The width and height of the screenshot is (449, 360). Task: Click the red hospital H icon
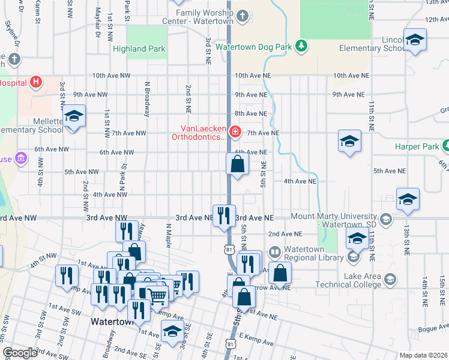click(x=37, y=82)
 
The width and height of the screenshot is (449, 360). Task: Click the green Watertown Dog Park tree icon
click(x=303, y=46)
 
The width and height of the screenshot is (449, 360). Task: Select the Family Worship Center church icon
click(x=243, y=16)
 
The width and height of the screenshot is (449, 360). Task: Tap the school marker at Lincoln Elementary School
click(x=414, y=40)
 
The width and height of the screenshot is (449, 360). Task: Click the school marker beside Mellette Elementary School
click(x=74, y=116)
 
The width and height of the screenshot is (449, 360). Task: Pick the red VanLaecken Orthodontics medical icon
click(x=235, y=131)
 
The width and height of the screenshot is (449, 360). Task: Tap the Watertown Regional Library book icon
click(x=275, y=251)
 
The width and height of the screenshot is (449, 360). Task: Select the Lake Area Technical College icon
click(x=391, y=280)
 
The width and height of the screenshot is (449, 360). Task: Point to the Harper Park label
click(x=417, y=146)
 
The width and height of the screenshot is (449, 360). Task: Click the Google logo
click(x=20, y=353)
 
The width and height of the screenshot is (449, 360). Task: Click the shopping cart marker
click(x=157, y=295)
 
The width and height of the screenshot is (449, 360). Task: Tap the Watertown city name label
click(x=111, y=322)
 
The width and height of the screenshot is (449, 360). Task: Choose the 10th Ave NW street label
click(x=110, y=76)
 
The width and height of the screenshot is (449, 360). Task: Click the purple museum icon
click(x=21, y=158)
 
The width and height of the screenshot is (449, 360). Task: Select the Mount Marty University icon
click(x=386, y=220)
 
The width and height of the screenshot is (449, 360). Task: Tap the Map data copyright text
click(x=423, y=355)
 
